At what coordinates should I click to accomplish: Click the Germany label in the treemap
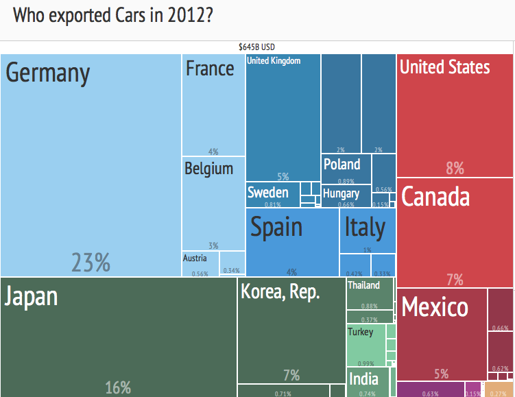(x=48, y=73)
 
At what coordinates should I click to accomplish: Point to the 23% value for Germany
(x=91, y=262)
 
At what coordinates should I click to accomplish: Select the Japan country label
(x=32, y=296)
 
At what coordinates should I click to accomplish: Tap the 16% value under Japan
(x=118, y=387)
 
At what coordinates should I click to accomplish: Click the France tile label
(x=210, y=69)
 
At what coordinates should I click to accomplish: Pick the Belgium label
(x=208, y=169)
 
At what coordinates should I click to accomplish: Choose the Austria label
(x=195, y=258)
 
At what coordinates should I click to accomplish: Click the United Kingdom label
(x=274, y=61)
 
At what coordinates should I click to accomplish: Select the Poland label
(x=342, y=165)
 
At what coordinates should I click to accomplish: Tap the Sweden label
(x=268, y=193)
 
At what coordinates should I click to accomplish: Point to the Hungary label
(x=341, y=194)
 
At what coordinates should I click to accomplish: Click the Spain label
(x=276, y=227)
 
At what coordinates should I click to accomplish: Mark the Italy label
(x=365, y=227)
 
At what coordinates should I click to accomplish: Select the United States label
(x=444, y=67)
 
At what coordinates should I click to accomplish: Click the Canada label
(x=435, y=197)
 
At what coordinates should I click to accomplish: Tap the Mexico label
(x=435, y=307)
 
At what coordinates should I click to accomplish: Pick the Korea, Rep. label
(x=280, y=292)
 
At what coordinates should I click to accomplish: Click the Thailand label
(x=363, y=285)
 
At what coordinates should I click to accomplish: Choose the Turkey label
(x=361, y=332)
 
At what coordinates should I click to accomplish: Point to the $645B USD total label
(x=256, y=47)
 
